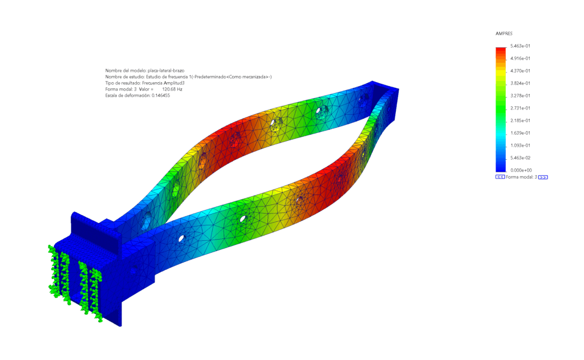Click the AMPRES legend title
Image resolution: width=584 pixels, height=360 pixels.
pos(504,34)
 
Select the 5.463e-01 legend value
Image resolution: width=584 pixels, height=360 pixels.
pos(520,46)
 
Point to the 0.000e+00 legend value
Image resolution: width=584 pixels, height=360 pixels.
pos(521,171)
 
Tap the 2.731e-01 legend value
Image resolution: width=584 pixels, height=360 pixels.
pos(520,108)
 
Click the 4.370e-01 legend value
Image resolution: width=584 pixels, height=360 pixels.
pos(520,71)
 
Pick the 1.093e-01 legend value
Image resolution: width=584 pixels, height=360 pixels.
pos(520,145)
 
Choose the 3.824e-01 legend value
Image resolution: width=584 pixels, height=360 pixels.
pos(520,83)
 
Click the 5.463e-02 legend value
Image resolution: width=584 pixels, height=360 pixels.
pos(520,157)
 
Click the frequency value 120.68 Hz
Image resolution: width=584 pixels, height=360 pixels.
pos(172,90)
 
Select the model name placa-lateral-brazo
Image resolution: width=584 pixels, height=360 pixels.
pos(166,70)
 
